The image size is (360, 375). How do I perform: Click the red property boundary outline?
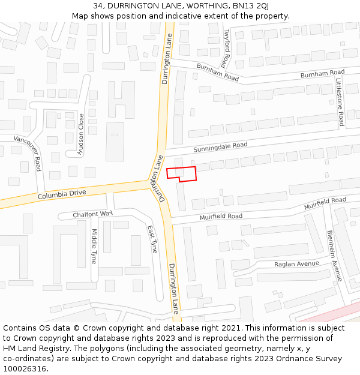click(x=181, y=173)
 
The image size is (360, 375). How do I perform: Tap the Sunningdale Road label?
click(x=220, y=146)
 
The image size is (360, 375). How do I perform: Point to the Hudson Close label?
click(x=81, y=135)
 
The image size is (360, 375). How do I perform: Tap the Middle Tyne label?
click(x=94, y=246)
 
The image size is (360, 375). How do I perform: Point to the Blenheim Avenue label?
click(x=334, y=256)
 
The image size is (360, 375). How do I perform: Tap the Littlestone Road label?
click(x=340, y=101)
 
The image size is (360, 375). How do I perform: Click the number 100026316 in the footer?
click(x=25, y=369)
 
